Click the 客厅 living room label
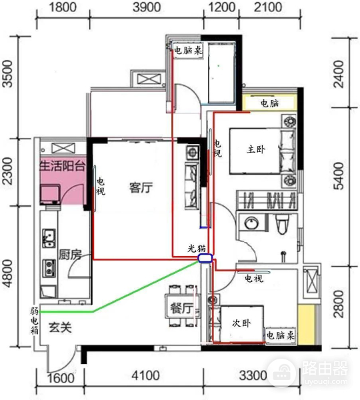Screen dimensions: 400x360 [141, 188]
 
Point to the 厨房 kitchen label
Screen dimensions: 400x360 [70, 255]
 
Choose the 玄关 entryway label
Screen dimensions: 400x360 [61, 328]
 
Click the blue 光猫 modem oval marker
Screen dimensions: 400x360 [205, 258]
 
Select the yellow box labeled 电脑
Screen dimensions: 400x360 [269, 103]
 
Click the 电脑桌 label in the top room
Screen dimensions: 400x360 [188, 50]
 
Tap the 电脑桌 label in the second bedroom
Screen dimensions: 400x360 [281, 334]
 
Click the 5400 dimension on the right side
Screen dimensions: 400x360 [340, 181]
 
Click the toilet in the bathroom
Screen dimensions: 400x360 [281, 225]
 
